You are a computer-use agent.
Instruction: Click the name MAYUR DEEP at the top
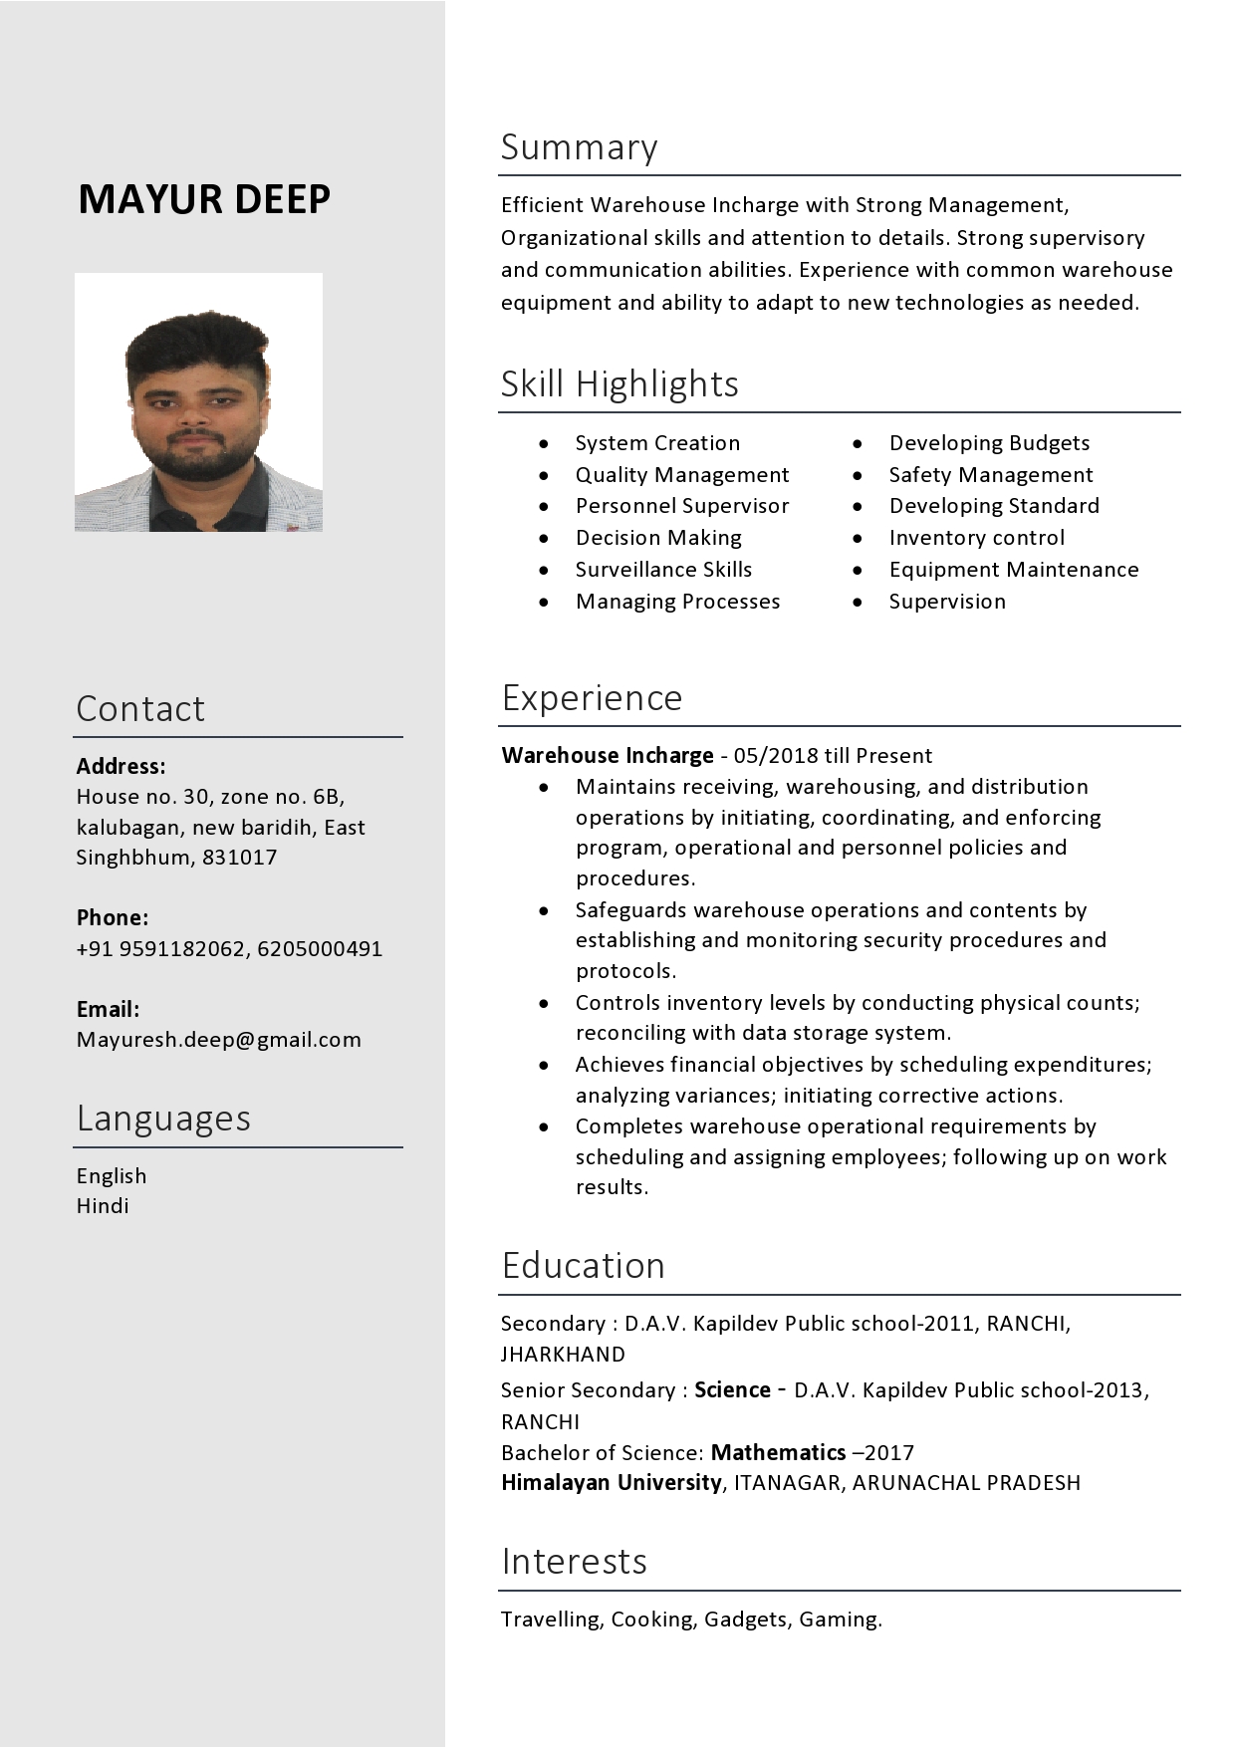point(204,199)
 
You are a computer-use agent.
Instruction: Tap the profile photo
point(198,401)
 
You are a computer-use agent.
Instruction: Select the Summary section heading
point(579,147)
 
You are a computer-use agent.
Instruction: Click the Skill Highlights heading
point(618,383)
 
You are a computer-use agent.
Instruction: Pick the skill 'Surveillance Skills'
point(663,570)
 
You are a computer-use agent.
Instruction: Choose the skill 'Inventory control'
point(976,538)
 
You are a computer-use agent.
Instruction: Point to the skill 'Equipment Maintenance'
point(1013,570)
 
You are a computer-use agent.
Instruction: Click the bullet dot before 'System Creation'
point(544,443)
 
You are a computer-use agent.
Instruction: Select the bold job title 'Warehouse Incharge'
point(607,755)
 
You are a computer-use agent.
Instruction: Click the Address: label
point(121,766)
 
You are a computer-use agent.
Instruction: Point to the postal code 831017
point(240,858)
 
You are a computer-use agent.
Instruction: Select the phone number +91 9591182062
point(160,948)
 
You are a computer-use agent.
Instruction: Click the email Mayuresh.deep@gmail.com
point(218,1040)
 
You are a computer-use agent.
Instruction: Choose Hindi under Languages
point(103,1206)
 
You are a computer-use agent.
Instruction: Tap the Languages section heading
point(163,1119)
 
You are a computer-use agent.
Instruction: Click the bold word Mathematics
point(778,1452)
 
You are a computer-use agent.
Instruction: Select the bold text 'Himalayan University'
point(611,1482)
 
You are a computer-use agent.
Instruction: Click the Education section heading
point(583,1266)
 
